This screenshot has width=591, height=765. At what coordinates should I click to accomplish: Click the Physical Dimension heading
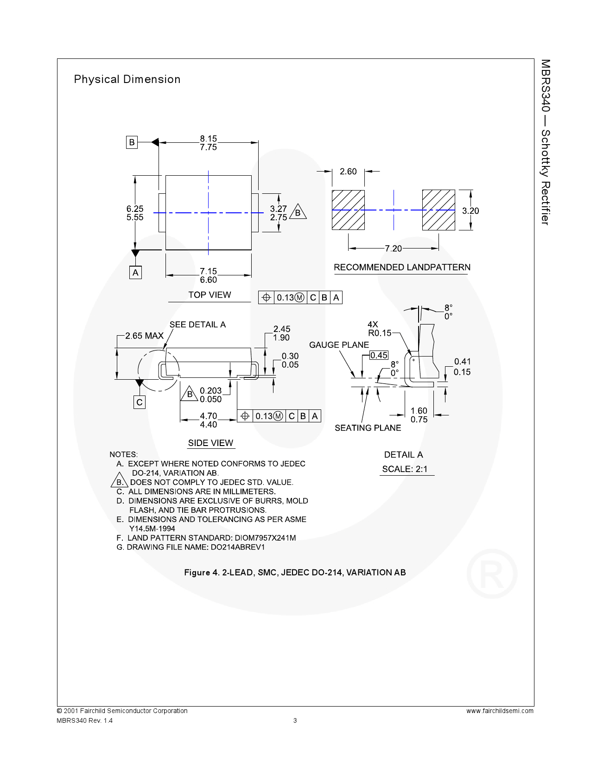tap(127, 79)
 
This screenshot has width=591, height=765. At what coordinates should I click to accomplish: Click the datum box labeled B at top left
tap(132, 142)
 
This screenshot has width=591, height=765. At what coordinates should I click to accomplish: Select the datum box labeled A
tap(135, 273)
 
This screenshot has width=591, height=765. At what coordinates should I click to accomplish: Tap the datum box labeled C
tap(140, 402)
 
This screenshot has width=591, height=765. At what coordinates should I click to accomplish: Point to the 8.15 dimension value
tap(208, 138)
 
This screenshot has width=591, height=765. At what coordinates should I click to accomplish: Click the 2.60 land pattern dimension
tap(348, 172)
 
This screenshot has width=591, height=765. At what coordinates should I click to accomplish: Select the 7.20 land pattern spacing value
tap(393, 249)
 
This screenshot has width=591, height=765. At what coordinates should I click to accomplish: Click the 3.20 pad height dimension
tap(470, 210)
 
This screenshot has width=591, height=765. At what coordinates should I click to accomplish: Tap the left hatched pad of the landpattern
tap(348, 210)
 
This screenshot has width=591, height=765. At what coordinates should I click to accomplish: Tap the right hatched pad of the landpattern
tap(438, 210)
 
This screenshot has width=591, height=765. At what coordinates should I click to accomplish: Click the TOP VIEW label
tap(210, 295)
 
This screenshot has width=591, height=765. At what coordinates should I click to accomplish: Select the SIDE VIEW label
tap(210, 443)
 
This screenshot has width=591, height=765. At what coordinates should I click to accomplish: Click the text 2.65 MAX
tap(145, 336)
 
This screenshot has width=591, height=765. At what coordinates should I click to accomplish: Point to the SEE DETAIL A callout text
tap(197, 325)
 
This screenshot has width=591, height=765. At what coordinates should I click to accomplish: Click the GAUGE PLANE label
tap(339, 344)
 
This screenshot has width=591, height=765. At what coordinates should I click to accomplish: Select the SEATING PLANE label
tap(368, 427)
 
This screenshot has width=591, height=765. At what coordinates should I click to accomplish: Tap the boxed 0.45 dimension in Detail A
tap(378, 355)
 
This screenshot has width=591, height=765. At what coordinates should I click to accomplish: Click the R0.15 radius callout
tap(380, 332)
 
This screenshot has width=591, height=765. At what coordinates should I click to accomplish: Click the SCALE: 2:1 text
tap(404, 469)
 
